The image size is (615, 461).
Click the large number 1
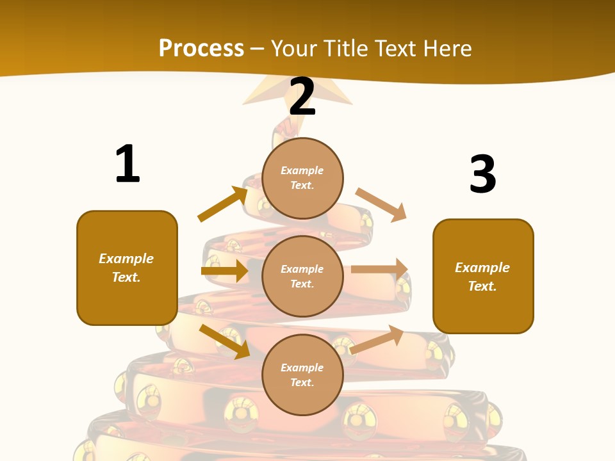(127, 165)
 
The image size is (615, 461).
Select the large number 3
(482, 175)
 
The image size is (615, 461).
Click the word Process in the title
(201, 48)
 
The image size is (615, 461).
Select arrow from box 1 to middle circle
(224, 271)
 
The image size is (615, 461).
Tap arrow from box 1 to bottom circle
(225, 341)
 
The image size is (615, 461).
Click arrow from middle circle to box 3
(379, 270)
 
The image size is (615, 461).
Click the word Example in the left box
(126, 259)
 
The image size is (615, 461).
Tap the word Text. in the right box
(482, 286)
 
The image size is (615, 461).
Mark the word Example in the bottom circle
(302, 368)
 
